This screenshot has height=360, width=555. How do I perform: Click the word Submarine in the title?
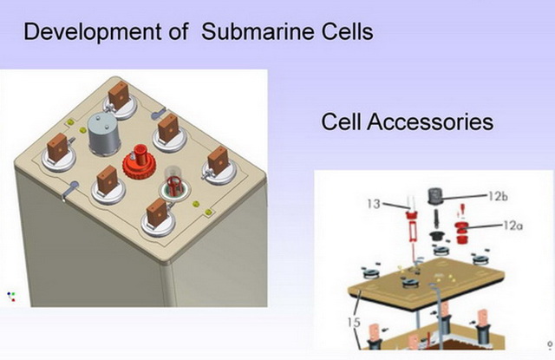pos(258,31)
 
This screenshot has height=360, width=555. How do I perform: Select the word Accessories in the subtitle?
pos(430,121)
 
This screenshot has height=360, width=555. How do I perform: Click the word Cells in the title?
pos(347,31)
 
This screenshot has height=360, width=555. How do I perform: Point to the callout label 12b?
pos(498,196)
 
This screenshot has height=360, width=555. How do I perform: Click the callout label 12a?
pos(513,226)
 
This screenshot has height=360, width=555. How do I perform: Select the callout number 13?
pos(374,204)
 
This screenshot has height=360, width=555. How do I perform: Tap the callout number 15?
pos(354,323)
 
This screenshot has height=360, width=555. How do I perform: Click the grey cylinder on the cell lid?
pos(104,134)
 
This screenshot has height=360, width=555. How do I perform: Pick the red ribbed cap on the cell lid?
pos(140,163)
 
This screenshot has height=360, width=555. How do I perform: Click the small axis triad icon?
pos(11,297)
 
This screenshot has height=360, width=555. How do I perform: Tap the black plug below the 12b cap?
pos(437,236)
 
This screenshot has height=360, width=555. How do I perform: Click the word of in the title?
pos(179,31)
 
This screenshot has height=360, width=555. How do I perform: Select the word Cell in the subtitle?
pos(341,121)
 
